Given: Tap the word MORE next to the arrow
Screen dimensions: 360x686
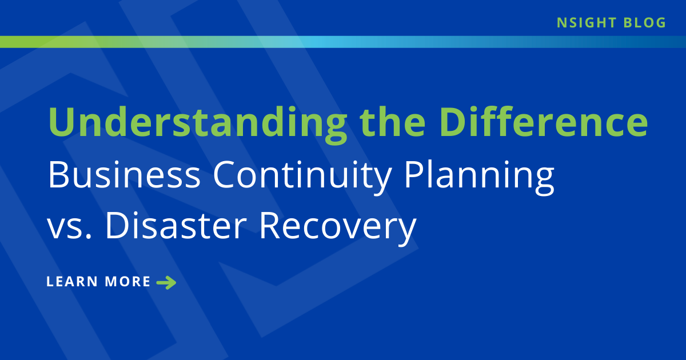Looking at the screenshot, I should tap(128, 282).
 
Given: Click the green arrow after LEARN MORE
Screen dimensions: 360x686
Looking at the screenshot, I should tap(166, 282).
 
